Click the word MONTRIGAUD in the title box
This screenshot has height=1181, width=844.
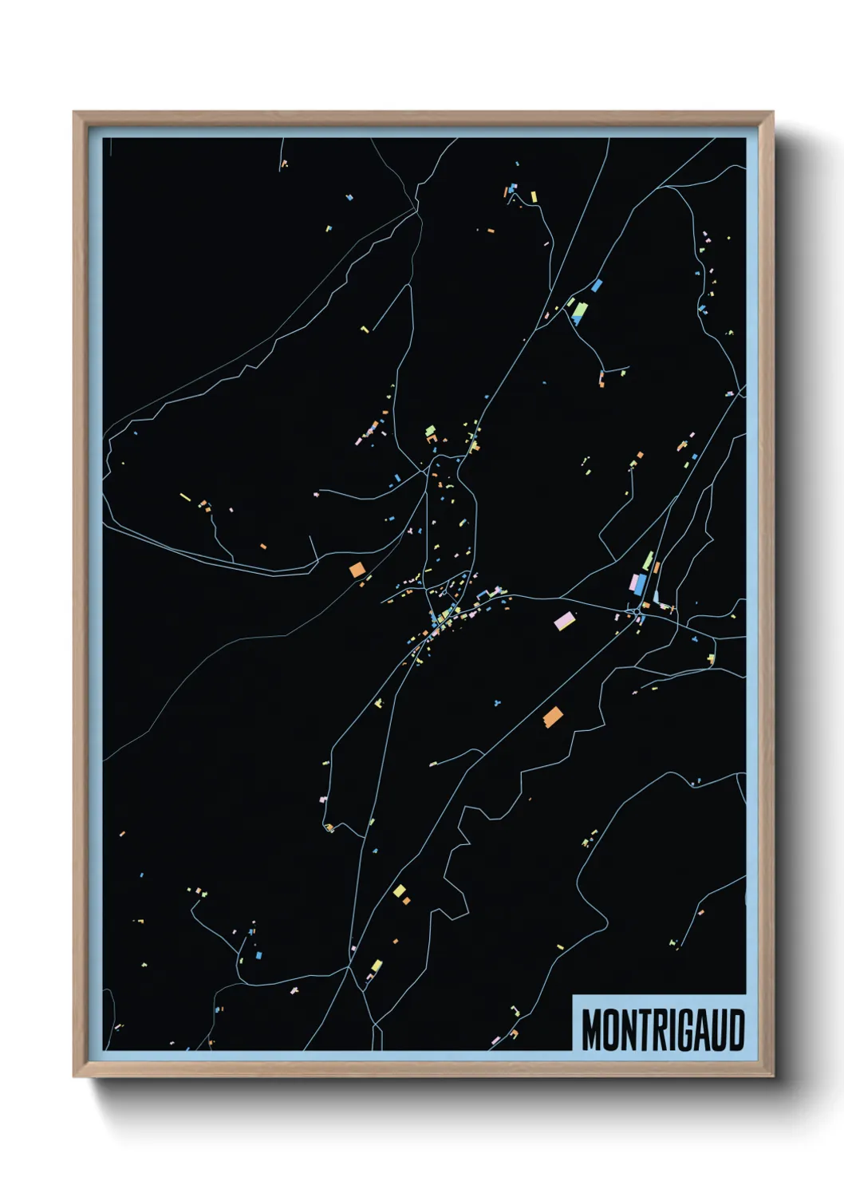(662, 1030)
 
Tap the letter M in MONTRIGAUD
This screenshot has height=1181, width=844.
(593, 1030)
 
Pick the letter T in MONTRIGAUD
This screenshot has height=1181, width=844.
(638, 1030)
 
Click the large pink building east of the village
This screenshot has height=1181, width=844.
(564, 620)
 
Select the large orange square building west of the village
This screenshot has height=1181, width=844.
(357, 569)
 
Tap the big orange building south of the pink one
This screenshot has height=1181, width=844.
(552, 717)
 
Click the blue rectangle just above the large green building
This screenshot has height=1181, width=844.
(596, 285)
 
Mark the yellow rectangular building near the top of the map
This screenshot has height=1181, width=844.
(534, 196)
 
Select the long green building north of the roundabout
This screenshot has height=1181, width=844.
(648, 561)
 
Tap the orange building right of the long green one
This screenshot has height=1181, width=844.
(657, 567)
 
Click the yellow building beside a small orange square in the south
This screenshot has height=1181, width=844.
(399, 891)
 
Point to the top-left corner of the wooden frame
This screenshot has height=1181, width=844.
(74, 113)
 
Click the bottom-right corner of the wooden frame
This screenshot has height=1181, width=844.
(772, 1076)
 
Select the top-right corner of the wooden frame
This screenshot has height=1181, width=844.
(772, 113)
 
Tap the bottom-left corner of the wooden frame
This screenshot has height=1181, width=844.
(74, 1076)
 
